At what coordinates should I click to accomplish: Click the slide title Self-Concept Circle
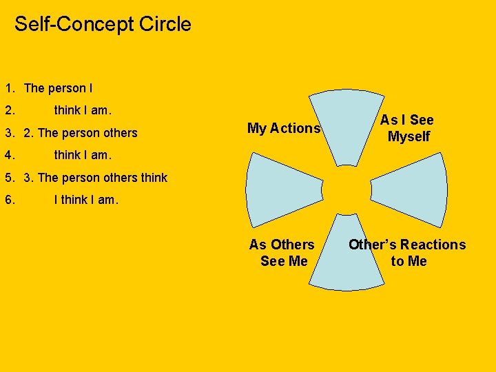(103, 24)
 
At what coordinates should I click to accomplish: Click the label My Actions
(283, 128)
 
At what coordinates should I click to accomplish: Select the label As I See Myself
(408, 128)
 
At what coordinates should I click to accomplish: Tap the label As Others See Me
(282, 253)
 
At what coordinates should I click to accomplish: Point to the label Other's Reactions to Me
(407, 253)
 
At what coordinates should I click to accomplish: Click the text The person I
(58, 88)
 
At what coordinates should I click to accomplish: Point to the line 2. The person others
(81, 133)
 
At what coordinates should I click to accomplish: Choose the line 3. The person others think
(95, 178)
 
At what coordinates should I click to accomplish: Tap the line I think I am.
(86, 200)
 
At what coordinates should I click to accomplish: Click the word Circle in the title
(165, 24)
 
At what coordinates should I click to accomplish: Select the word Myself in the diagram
(409, 136)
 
